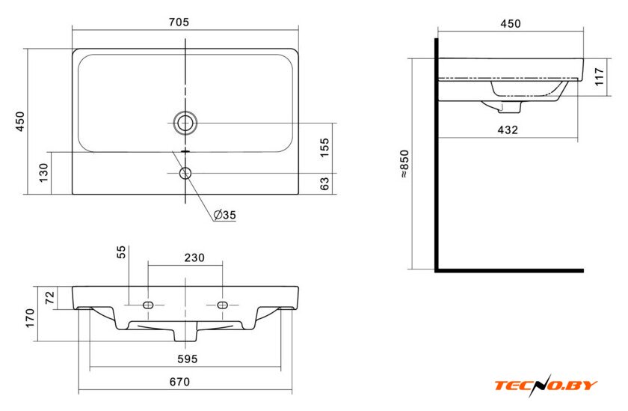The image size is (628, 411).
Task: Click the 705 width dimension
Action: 179,22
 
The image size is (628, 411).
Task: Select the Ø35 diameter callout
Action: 225,215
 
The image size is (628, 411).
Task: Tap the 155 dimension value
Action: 324,147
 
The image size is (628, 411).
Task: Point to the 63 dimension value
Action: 324,183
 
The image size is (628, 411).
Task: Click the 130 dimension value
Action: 43,173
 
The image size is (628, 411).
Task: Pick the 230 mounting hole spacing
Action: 194,258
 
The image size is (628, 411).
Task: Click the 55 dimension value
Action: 121,252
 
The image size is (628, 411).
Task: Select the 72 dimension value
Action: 49,297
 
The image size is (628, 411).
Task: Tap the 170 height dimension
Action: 30,318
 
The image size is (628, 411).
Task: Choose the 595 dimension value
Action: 188,359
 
